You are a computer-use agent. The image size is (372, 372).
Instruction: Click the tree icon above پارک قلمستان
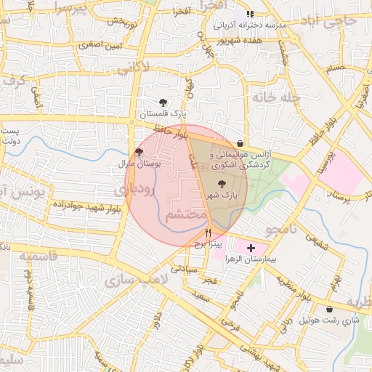pos(163,102)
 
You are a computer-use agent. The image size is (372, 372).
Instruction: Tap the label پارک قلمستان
pos(163,115)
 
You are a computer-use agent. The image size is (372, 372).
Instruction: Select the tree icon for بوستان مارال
pos(139,152)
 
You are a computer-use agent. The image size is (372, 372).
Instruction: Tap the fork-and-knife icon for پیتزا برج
pos(209,233)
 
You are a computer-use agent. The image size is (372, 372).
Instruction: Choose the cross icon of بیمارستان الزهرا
pos(251,248)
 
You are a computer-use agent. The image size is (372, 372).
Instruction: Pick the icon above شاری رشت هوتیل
pos(329,309)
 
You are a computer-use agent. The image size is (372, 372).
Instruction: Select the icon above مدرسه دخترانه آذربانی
pos(251,13)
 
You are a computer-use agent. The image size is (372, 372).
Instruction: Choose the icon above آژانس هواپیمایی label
pos(240,143)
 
